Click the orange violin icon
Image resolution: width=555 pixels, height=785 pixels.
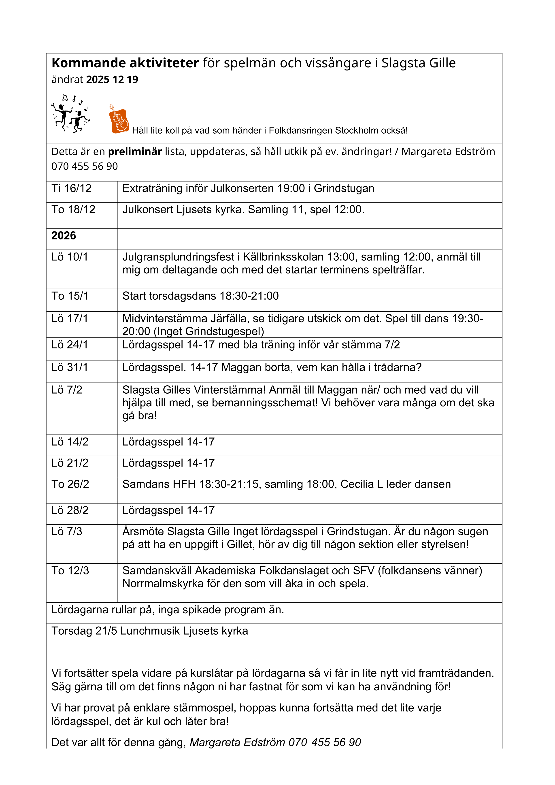click(x=119, y=119)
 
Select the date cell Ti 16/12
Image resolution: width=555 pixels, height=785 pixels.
click(x=71, y=188)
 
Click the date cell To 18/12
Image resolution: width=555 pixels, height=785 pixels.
click(x=73, y=210)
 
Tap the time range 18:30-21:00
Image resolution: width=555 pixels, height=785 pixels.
click(x=249, y=296)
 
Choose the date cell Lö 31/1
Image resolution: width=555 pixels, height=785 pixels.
click(x=70, y=367)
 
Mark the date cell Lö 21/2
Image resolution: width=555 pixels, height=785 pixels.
click(x=70, y=463)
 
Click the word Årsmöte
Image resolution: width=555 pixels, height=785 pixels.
click(x=143, y=532)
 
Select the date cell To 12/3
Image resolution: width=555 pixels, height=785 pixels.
click(x=70, y=571)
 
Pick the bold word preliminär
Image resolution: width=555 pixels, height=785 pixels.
click(x=135, y=151)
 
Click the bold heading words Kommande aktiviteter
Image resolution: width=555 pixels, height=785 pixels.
click(x=125, y=63)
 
